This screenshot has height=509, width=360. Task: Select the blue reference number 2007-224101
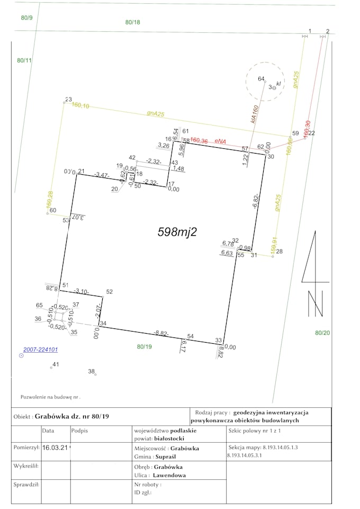(x=40, y=350)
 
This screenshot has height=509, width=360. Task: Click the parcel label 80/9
(x=26, y=18)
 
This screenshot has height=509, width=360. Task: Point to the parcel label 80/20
(x=322, y=333)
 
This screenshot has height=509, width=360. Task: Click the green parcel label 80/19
(x=145, y=347)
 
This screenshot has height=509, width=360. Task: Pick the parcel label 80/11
(x=24, y=61)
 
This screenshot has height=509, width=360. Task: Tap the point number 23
(x=68, y=99)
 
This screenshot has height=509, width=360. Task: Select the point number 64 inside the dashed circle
(x=261, y=79)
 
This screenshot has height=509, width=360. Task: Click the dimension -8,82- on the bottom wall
(x=161, y=333)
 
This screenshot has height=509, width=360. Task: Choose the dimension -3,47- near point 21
(x=102, y=174)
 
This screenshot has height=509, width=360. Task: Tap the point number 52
(x=110, y=292)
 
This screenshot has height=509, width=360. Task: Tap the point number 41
(x=56, y=364)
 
